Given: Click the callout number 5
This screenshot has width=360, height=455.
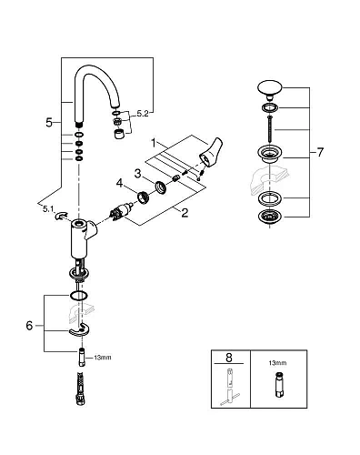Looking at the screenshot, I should (49, 120).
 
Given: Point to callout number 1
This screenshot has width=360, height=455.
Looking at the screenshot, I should (155, 144).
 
